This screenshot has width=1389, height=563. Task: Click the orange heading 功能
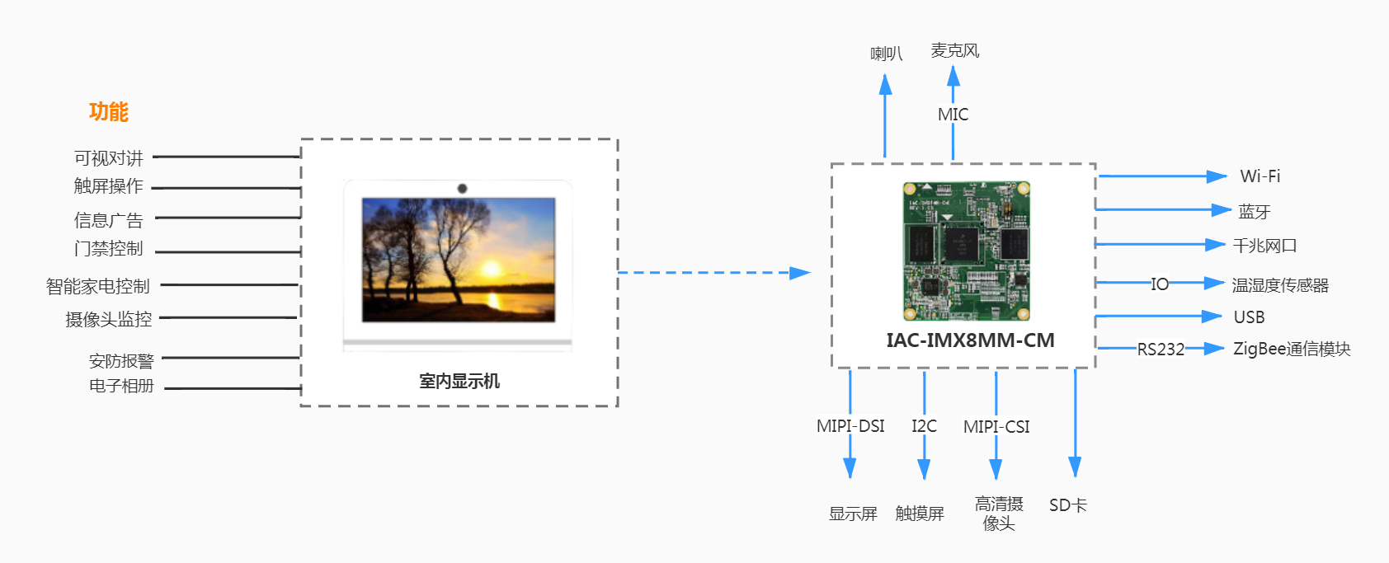coord(108,111)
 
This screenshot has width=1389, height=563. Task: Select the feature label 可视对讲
coord(108,157)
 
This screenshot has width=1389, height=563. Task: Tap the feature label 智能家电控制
coord(97,286)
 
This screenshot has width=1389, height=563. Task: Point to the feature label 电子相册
coord(121,386)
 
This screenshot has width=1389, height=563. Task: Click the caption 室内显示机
coord(459,381)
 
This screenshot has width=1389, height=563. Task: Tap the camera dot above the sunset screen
coord(462,189)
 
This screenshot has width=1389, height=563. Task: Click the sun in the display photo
coord(490,269)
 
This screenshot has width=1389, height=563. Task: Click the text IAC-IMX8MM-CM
coord(970,340)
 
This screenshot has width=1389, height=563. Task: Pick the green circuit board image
coord(966,251)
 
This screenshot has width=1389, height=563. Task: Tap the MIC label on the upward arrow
coord(953,115)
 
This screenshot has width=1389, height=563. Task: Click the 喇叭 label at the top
coord(886,54)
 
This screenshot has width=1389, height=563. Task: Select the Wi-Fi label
coord(1260,176)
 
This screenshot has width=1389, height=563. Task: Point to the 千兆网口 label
coord(1264,246)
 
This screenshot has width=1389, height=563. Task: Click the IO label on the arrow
coord(1160,284)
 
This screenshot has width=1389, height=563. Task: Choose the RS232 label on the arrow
coord(1161,350)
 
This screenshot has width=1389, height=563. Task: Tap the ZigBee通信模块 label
coord(1291,349)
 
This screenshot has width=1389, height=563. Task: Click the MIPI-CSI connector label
coord(996,427)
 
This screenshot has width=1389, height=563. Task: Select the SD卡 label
coord(1067,505)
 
